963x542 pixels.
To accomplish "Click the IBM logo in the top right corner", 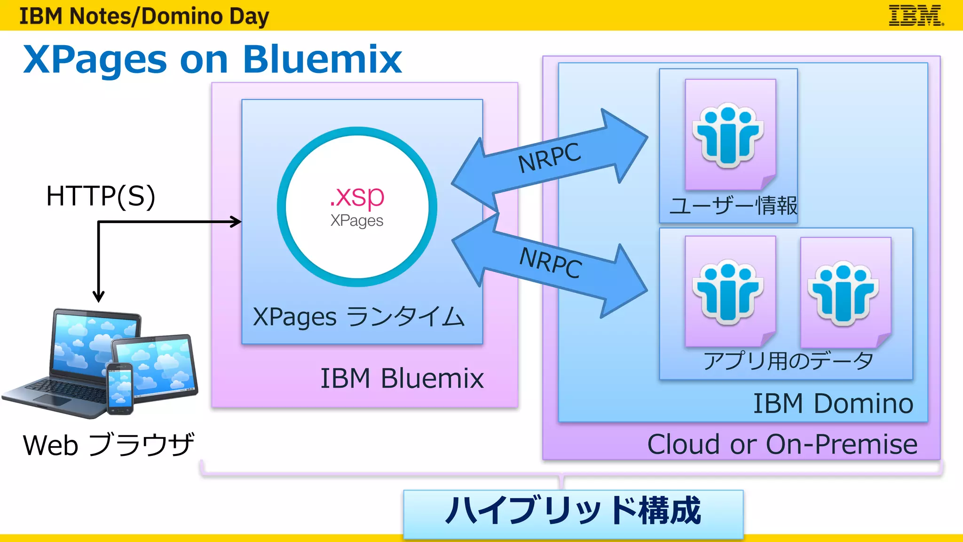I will [915, 16].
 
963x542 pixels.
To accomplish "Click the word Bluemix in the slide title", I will [322, 60].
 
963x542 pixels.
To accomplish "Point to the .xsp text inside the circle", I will [357, 196].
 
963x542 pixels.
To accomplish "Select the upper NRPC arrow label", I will [549, 158].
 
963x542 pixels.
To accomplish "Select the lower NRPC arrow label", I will [551, 263].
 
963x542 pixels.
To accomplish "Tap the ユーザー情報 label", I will [733, 206].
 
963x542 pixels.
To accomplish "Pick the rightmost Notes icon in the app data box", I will [844, 294].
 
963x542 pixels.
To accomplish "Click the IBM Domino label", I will [833, 404].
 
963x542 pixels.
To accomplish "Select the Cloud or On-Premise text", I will [782, 444].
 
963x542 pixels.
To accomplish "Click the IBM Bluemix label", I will [402, 378].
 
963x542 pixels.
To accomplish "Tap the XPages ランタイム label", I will [358, 317].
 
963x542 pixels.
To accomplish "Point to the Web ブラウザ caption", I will [108, 445].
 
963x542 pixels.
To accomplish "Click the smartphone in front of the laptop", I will [119, 389].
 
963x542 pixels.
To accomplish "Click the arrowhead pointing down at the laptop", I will [98, 296].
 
